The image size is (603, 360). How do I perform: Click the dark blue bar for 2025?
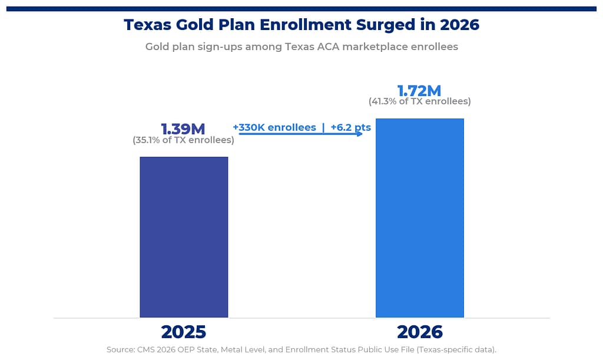click(x=184, y=237)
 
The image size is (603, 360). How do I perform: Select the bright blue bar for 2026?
click(x=419, y=218)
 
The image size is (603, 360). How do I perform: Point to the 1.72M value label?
click(x=419, y=91)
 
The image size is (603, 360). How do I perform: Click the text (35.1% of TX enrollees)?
click(x=183, y=140)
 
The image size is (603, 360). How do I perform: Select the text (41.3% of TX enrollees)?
click(x=419, y=101)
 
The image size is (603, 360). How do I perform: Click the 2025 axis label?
click(x=184, y=332)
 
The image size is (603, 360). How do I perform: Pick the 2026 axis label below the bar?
click(x=419, y=332)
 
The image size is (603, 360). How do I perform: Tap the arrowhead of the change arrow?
click(x=359, y=134)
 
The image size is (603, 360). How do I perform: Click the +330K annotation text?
click(x=274, y=127)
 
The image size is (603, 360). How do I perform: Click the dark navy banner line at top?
click(x=301, y=9)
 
